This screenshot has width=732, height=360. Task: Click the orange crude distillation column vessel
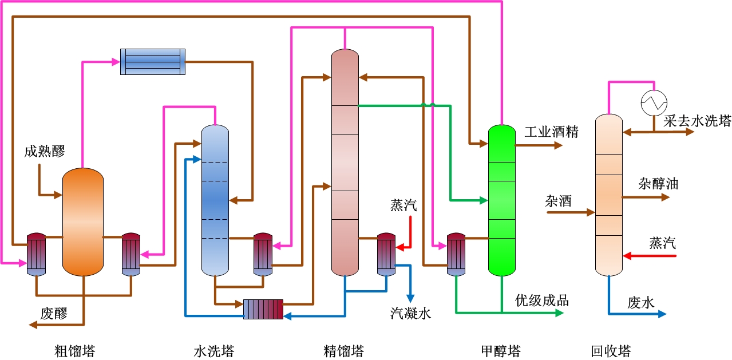pyautogui.click(x=82, y=222)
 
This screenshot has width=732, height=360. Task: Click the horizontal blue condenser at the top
pyautogui.click(x=153, y=62)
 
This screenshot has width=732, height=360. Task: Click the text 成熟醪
pyautogui.click(x=45, y=152)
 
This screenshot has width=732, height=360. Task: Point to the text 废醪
pyautogui.click(x=54, y=313)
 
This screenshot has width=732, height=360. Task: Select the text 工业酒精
pyautogui.click(x=552, y=132)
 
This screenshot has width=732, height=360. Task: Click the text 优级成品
pyautogui.click(x=542, y=300)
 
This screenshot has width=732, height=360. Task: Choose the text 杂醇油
pyautogui.click(x=658, y=184)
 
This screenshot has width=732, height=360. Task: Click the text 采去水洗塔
pyautogui.click(x=698, y=121)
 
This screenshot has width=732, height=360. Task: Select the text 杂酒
pyautogui.click(x=559, y=201)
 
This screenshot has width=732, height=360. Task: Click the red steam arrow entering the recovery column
pyautogui.click(x=649, y=256)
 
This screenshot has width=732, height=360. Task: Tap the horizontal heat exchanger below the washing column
pyautogui.click(x=263, y=309)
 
